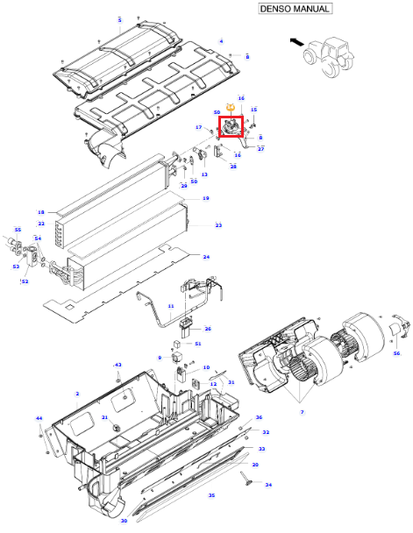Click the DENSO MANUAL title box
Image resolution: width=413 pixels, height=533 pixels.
click(x=295, y=9)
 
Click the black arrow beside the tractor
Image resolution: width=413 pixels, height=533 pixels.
click(x=297, y=42)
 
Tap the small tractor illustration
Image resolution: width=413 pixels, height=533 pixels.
click(x=329, y=56)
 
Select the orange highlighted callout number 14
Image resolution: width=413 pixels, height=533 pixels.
click(x=231, y=108)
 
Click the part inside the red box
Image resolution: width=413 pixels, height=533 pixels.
click(x=231, y=127)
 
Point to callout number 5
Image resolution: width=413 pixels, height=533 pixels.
click(x=119, y=20)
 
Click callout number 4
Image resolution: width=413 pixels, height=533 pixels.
click(x=221, y=41)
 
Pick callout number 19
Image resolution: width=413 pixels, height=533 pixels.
click(x=206, y=198)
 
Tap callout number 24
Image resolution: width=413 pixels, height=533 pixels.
click(x=206, y=257)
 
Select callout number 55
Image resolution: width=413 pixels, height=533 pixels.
click(x=18, y=230)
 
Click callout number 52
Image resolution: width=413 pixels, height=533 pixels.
click(x=25, y=281)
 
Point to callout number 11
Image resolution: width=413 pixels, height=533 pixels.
click(x=171, y=306)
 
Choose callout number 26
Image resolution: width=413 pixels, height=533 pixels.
click(x=208, y=329)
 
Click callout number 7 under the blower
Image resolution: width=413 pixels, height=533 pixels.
click(x=303, y=412)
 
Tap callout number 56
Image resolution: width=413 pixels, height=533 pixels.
click(x=396, y=353)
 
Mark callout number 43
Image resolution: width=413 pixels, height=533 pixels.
click(x=117, y=365)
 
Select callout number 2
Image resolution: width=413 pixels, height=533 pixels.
click(x=77, y=394)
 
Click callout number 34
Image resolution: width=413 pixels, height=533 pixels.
click(x=268, y=485)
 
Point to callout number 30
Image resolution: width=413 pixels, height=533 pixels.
click(x=124, y=521)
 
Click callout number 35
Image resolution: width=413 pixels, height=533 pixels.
click(x=212, y=495)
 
